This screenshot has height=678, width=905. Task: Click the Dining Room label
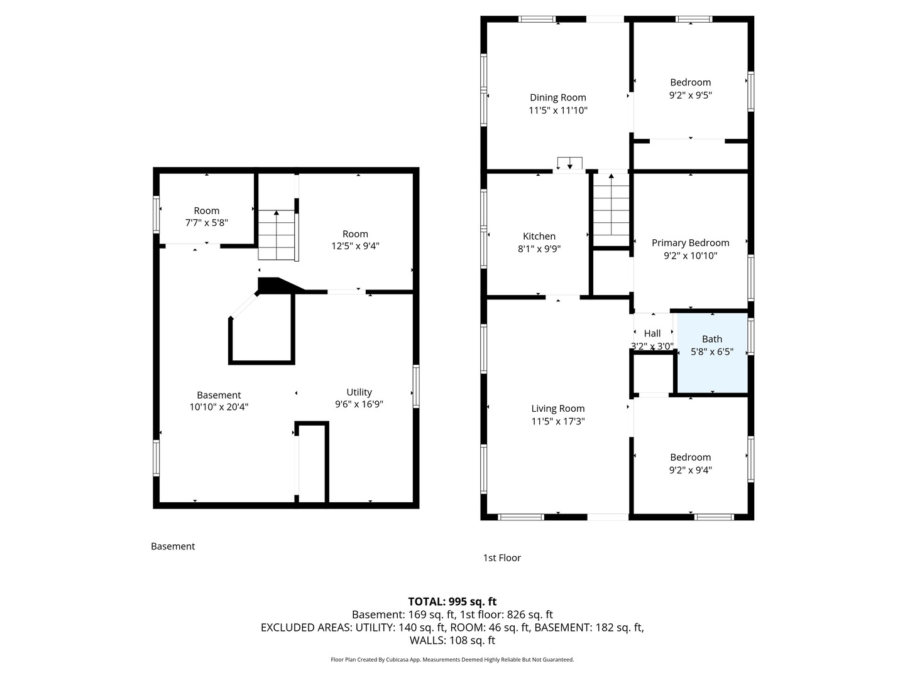(x=557, y=97)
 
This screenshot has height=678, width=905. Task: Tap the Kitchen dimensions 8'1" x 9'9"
(x=539, y=249)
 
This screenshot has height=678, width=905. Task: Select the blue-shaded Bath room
(x=712, y=353)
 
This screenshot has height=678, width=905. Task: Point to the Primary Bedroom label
(x=690, y=243)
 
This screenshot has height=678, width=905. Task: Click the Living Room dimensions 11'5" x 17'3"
(x=558, y=421)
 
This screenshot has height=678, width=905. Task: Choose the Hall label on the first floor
(x=652, y=333)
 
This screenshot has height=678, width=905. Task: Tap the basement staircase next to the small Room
(x=277, y=235)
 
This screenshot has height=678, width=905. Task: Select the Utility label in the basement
(x=359, y=392)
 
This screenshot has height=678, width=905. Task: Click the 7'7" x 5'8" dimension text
(x=207, y=223)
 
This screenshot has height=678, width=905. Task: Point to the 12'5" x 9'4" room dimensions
(x=355, y=246)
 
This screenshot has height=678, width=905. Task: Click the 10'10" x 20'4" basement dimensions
(x=219, y=407)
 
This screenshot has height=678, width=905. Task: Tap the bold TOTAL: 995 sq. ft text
(x=452, y=601)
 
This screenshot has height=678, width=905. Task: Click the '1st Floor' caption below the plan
(x=502, y=558)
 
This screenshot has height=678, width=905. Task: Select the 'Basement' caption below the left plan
(x=173, y=546)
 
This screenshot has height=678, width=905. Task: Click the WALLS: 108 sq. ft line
(x=452, y=640)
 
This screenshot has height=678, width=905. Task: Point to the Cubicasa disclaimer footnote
(x=452, y=659)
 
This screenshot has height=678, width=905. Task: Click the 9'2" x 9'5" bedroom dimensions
(x=690, y=95)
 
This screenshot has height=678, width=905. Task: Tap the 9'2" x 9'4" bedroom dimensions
(x=690, y=470)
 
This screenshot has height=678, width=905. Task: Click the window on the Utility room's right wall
(x=416, y=386)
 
